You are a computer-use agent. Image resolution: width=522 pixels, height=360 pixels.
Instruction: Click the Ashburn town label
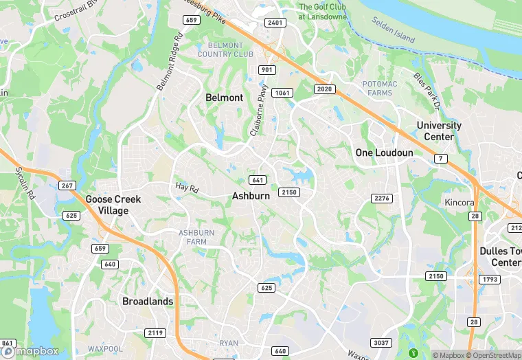pos(251,196)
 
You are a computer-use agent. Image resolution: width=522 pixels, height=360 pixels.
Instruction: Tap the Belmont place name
pos(224,98)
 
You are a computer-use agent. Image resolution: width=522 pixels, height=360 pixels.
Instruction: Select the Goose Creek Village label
pos(113,205)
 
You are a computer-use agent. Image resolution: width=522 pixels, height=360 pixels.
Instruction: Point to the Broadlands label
pos(147,301)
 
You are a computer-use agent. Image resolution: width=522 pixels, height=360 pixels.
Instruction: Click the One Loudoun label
pos(384,153)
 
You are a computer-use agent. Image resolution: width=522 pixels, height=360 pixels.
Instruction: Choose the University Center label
pos(439,131)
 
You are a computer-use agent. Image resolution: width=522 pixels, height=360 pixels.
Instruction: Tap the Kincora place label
pos(459,203)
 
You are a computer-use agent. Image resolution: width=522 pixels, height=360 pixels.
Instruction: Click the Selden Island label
pos(394,30)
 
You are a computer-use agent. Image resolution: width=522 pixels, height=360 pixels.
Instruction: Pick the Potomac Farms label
pos(379,88)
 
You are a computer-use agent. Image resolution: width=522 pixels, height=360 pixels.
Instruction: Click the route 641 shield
pos(258,180)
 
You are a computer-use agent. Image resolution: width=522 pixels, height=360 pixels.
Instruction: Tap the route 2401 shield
pos(275,23)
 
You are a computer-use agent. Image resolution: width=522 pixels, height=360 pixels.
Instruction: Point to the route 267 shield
pos(67,185)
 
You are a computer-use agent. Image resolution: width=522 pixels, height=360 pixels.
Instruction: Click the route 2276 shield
pos(381,198)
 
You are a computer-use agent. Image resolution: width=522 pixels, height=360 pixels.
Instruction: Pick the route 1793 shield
pos(490,280)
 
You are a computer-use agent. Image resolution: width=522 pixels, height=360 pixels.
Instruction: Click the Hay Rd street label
pos(186,187)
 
